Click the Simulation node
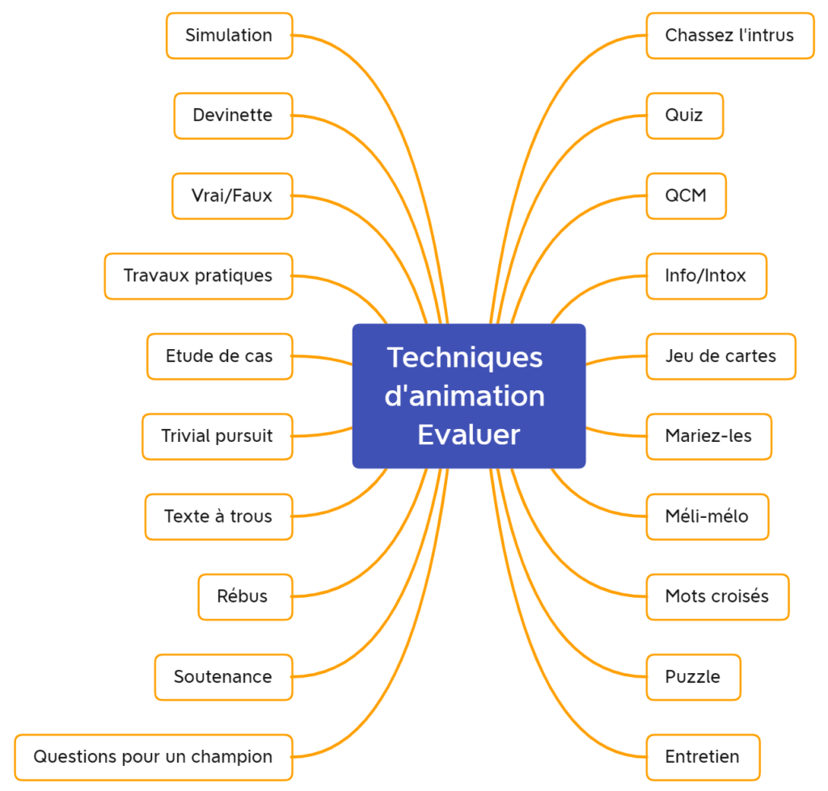229,36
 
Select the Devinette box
233,116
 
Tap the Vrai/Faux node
232,196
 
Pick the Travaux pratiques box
198,276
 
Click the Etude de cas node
219,356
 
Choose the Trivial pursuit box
217,436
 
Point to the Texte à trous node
218,516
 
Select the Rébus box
244,596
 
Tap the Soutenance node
223,676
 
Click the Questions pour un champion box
153,757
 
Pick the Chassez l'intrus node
729,36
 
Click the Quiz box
684,116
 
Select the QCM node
686,196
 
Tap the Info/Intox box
706,276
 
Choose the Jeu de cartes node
720,356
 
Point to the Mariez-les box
708,436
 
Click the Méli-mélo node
707,516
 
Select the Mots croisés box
717,596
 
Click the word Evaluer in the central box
468,435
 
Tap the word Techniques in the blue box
465,357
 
